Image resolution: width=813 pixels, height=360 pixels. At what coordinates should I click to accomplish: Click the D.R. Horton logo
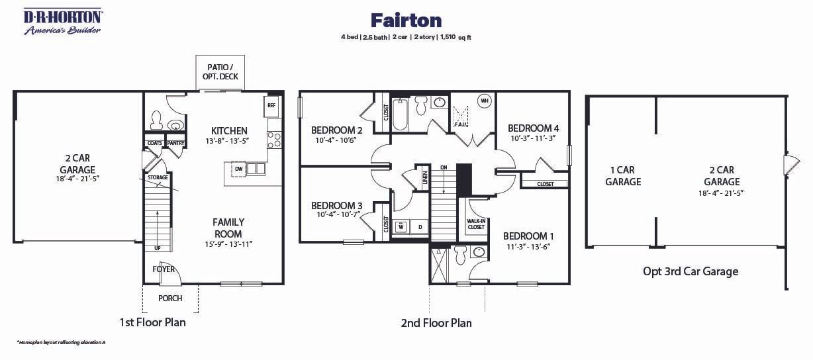click(62, 21)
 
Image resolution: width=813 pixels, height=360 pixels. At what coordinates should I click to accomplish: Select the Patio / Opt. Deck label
click(220, 72)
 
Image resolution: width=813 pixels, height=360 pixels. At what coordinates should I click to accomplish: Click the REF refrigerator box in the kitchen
click(271, 105)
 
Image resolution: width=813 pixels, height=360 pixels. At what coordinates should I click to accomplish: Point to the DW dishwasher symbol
click(238, 169)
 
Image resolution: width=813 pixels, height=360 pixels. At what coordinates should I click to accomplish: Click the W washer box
click(401, 227)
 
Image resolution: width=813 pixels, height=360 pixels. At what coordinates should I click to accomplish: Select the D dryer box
click(419, 227)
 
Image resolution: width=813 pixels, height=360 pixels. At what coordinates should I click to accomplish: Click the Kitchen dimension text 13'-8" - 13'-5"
click(229, 141)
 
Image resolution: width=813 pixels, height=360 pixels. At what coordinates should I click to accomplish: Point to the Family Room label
click(228, 228)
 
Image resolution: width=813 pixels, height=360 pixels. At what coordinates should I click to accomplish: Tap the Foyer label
click(164, 269)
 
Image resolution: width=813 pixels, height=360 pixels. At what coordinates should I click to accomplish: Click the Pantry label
click(175, 143)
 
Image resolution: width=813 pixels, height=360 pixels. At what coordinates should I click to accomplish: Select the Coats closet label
click(154, 143)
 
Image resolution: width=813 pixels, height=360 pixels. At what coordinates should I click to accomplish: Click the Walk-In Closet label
click(476, 224)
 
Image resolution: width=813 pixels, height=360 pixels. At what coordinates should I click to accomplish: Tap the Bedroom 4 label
click(534, 128)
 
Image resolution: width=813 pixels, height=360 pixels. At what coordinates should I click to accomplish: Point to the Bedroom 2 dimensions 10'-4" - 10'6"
click(337, 140)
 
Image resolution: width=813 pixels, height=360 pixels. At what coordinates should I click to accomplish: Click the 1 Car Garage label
click(623, 176)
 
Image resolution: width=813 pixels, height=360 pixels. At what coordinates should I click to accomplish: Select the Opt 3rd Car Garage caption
click(691, 271)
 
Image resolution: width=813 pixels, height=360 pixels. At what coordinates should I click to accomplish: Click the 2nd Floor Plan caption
click(436, 323)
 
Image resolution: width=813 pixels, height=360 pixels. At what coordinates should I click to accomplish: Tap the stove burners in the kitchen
click(273, 140)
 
